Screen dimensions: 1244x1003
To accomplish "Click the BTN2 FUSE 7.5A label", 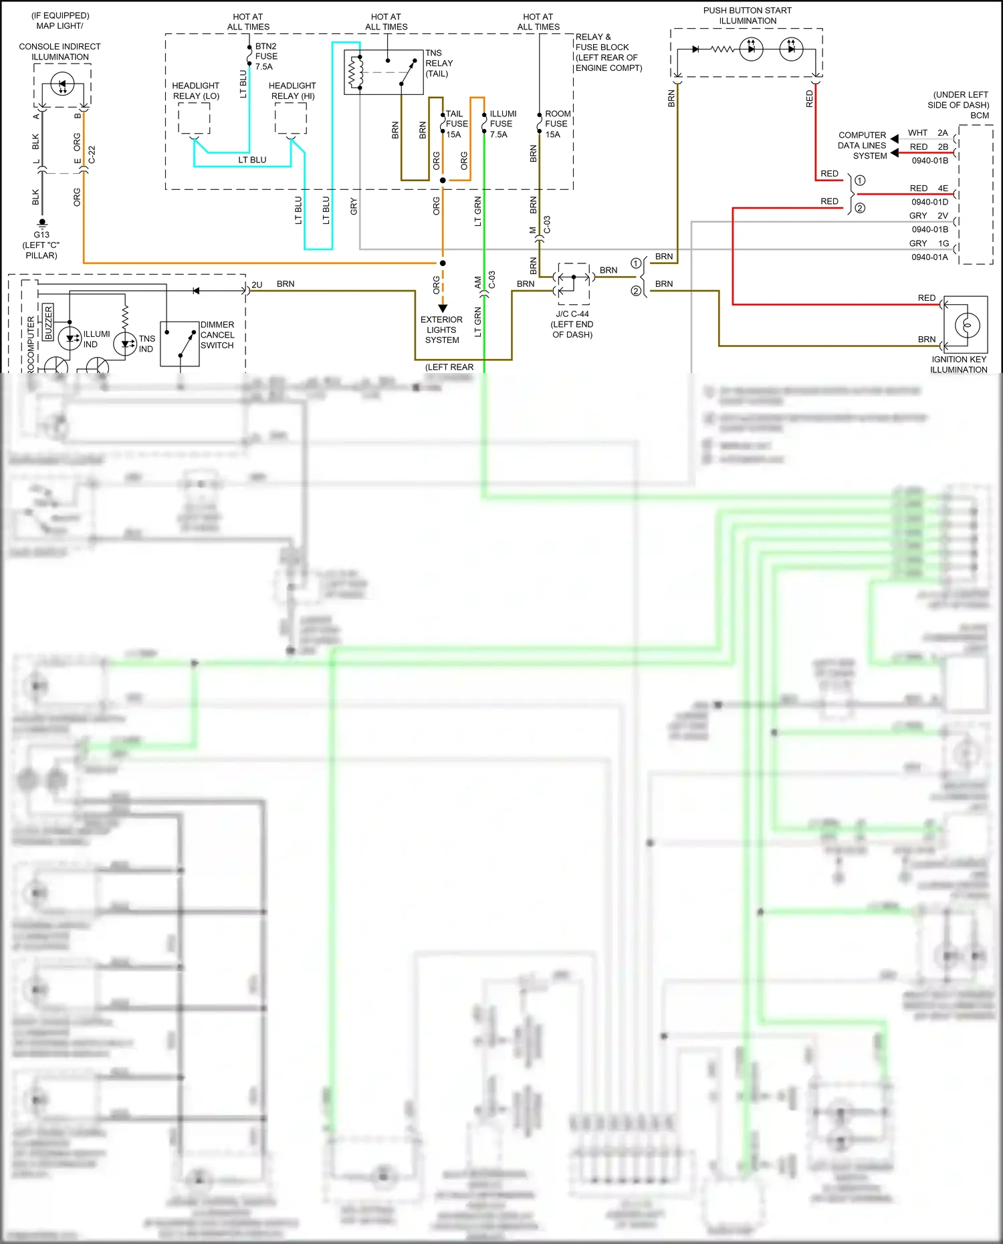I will click(x=265, y=56).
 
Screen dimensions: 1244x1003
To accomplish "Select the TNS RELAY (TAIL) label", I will click(x=439, y=63).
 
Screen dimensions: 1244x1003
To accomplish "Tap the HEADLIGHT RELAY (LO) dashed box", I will click(x=194, y=120).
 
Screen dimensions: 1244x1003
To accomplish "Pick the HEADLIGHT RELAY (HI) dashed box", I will click(x=291, y=120).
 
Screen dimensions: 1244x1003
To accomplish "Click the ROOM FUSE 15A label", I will click(x=557, y=124).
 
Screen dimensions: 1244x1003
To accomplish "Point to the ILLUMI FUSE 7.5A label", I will click(x=502, y=124).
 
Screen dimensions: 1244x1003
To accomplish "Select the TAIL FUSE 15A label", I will click(x=456, y=124).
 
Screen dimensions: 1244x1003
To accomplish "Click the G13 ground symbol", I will click(x=42, y=223).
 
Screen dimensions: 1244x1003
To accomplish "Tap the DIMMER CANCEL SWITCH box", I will click(x=180, y=344).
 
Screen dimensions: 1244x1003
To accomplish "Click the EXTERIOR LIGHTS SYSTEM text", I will click(x=441, y=330).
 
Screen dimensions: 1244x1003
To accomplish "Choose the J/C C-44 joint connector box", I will click(x=573, y=283).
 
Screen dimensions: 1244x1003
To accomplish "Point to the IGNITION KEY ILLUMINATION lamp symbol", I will click(x=967, y=325).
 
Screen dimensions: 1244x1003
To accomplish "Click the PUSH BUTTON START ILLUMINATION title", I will click(x=747, y=15).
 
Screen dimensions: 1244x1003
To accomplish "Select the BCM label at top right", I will click(x=979, y=115).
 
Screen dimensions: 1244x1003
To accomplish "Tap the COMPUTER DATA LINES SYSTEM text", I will click(x=862, y=145).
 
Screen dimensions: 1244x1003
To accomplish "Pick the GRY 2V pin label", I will click(x=928, y=215).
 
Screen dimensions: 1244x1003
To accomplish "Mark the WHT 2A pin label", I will click(x=927, y=132).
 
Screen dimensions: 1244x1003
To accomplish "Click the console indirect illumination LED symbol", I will click(x=62, y=85).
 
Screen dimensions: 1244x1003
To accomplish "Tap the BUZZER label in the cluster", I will click(x=48, y=322).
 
